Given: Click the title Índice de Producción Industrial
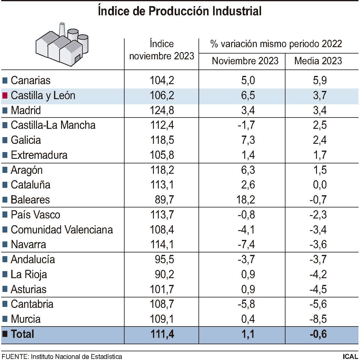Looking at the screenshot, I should pos(180,11).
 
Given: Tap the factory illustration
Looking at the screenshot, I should pos(62,45).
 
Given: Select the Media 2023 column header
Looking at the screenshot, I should pos(318,61).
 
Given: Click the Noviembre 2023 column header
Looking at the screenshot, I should pos(245,61).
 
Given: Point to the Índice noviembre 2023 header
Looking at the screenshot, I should pos(162,50).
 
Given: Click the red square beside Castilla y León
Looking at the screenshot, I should pos(5,95).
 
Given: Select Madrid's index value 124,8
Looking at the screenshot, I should pos(162,110).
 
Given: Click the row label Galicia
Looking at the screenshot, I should pos(26,140).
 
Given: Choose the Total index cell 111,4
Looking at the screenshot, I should pos(162,334).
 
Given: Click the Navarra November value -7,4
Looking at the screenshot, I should pos(246,244).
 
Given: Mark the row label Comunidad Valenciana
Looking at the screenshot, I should pos(62,230).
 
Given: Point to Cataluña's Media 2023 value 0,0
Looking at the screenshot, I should pos(320,185).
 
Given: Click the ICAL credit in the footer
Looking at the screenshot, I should pos(350,356).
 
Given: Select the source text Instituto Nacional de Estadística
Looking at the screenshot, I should pos(76,356).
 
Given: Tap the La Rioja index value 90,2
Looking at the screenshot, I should pos(164,274).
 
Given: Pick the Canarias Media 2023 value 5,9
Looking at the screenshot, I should pos(320,80).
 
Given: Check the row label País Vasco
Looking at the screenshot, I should pos(35,215).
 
